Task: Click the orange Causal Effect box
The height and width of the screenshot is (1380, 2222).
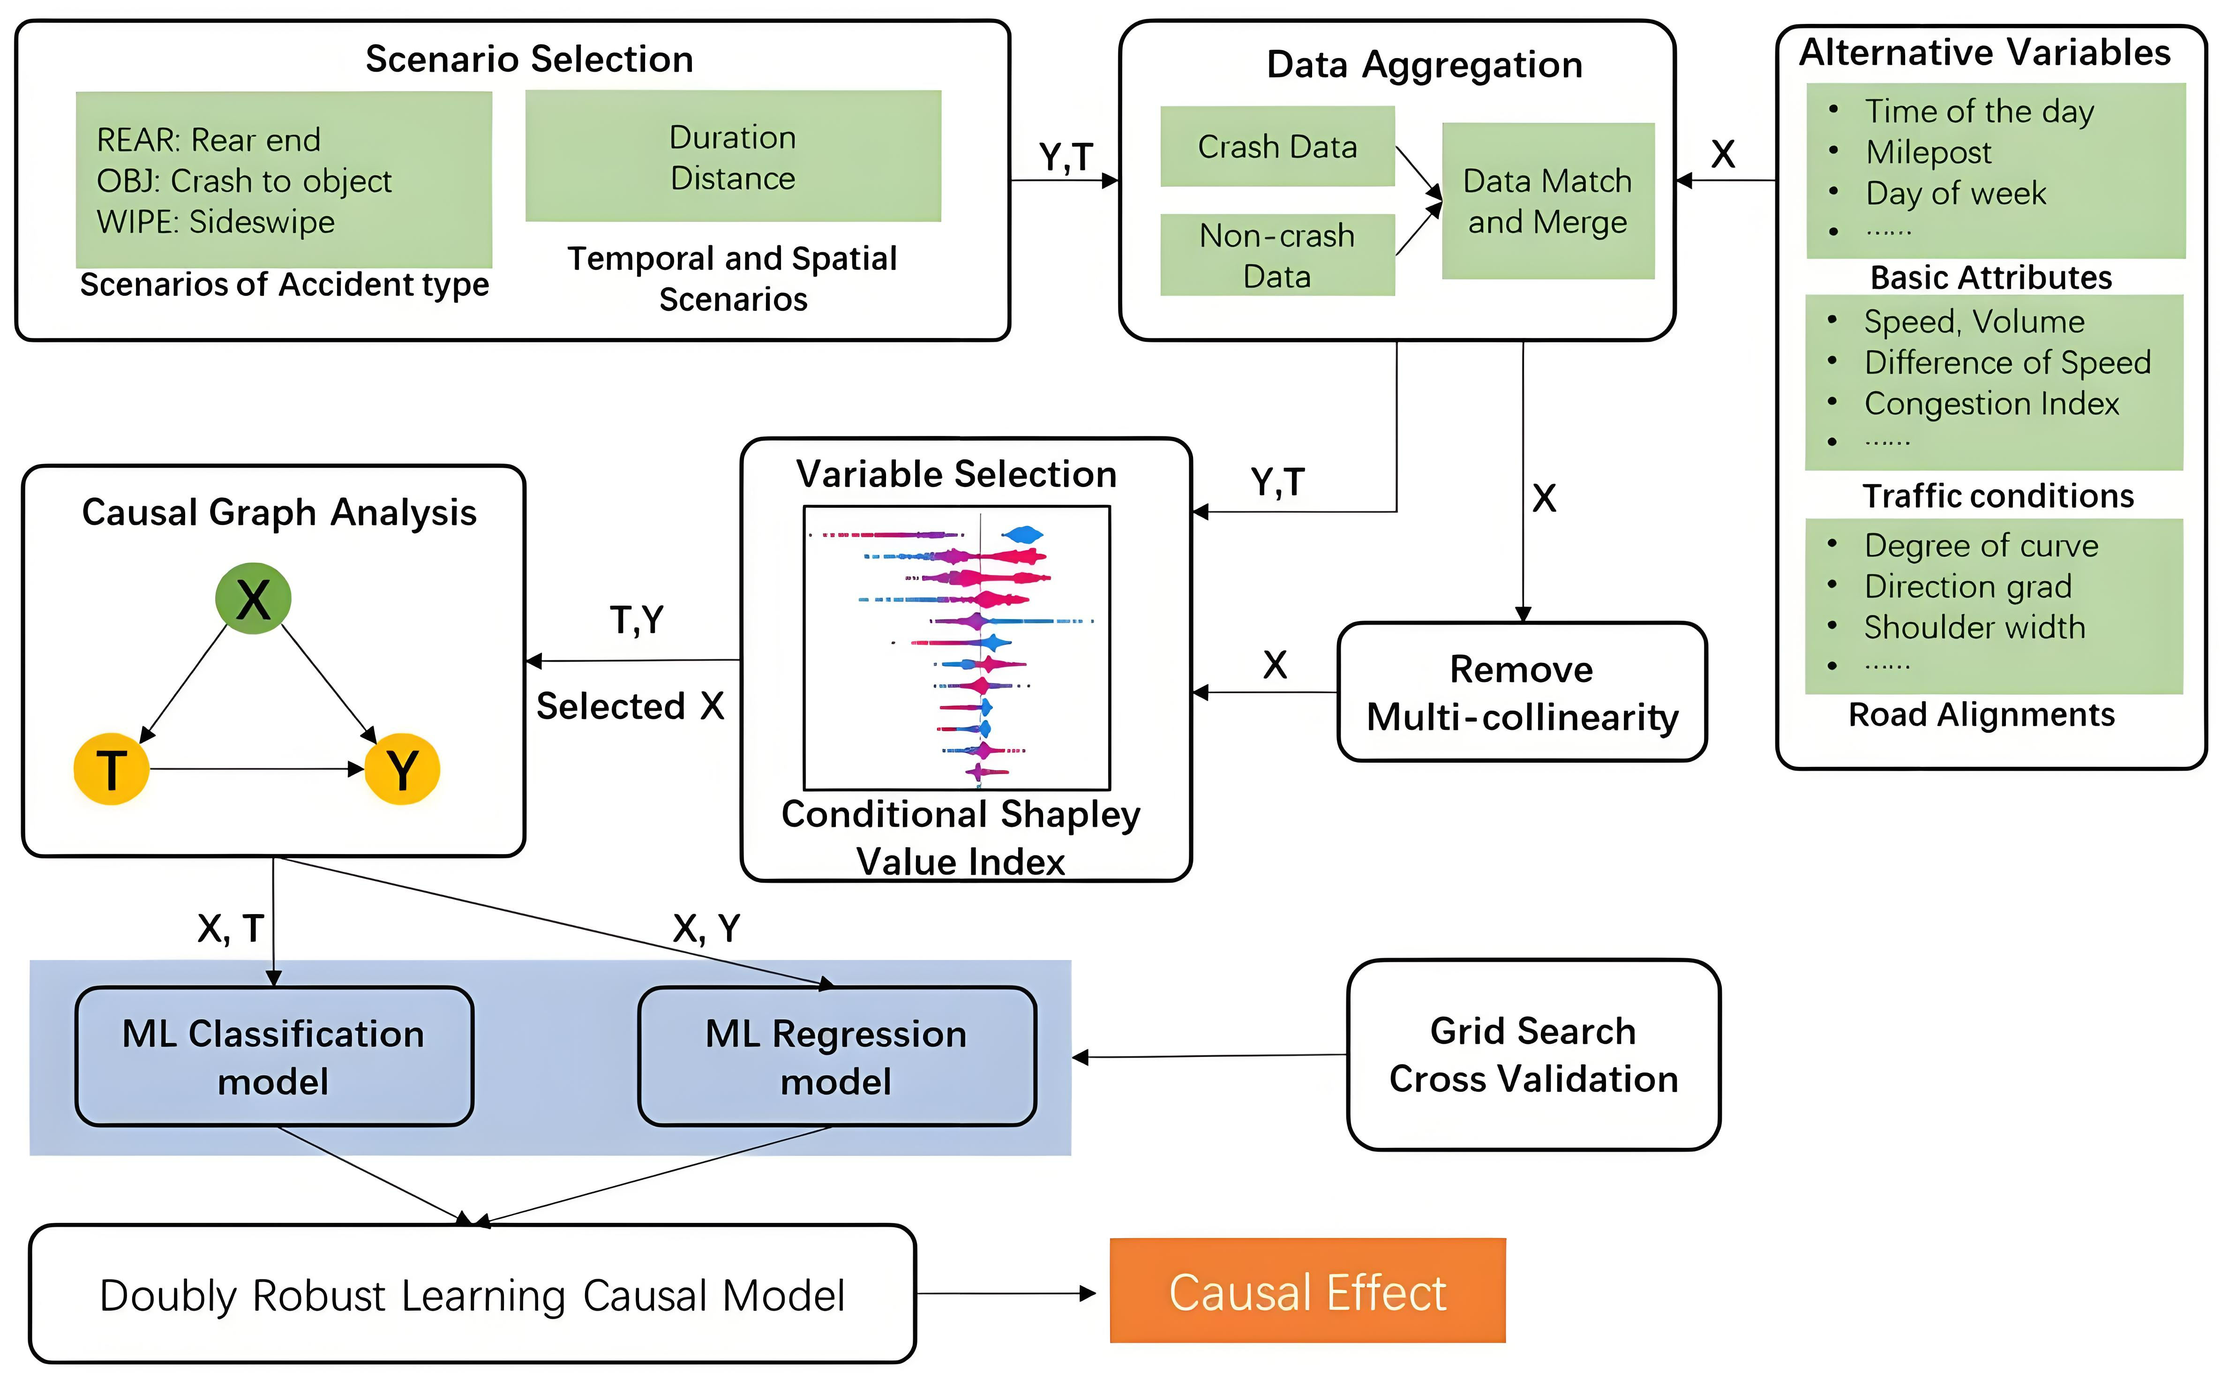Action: [1307, 1290]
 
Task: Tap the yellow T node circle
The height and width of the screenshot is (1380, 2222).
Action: [111, 768]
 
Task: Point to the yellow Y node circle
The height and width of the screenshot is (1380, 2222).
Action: [402, 768]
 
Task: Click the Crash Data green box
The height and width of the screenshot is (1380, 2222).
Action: [1276, 147]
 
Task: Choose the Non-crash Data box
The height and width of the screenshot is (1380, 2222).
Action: [1276, 255]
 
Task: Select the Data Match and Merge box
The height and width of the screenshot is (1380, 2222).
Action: [1547, 201]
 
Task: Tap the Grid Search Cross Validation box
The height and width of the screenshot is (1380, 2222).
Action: [1533, 1055]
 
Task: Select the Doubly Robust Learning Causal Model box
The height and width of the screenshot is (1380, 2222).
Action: [472, 1294]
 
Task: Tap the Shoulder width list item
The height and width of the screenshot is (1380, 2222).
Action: [1974, 627]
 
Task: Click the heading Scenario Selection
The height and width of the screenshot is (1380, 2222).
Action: [529, 60]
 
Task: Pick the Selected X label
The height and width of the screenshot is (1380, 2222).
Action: [630, 705]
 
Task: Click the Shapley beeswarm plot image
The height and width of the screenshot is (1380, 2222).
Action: [956, 648]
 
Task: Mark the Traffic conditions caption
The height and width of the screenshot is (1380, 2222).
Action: [1997, 495]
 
